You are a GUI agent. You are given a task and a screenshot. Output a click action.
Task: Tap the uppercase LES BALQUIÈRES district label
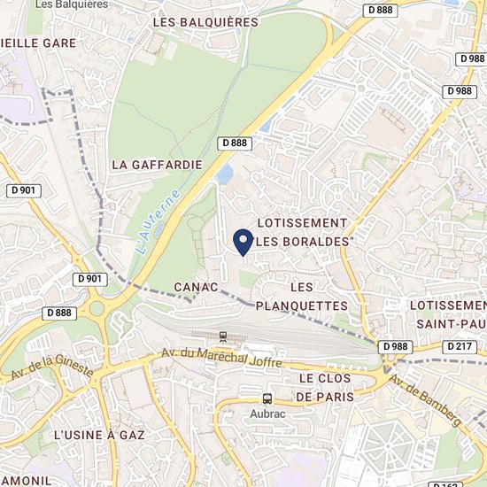(205, 22)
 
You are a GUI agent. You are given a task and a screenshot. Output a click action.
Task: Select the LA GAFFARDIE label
(157, 165)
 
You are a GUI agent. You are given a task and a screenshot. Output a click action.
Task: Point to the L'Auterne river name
(159, 222)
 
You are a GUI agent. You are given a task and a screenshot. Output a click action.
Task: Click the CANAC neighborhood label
(196, 287)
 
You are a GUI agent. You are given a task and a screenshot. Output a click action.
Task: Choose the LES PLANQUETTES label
(301, 297)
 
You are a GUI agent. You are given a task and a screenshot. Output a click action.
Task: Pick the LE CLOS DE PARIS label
(324, 388)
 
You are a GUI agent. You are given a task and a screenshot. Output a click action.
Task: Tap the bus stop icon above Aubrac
(267, 398)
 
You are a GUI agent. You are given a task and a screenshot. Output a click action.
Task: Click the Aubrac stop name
(267, 414)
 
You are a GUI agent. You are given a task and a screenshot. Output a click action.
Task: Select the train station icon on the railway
(222, 336)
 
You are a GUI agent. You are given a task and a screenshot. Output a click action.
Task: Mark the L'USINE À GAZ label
(98, 436)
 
